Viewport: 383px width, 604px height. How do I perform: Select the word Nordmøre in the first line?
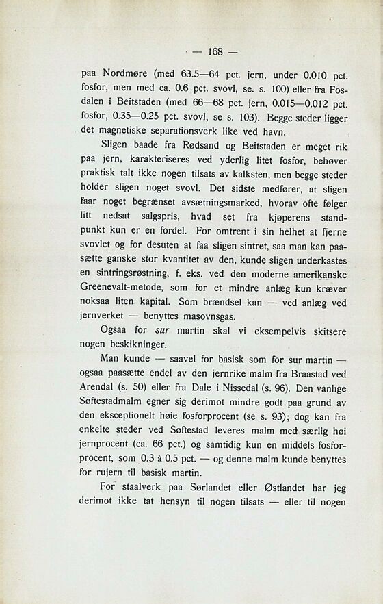coord(126,73)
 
